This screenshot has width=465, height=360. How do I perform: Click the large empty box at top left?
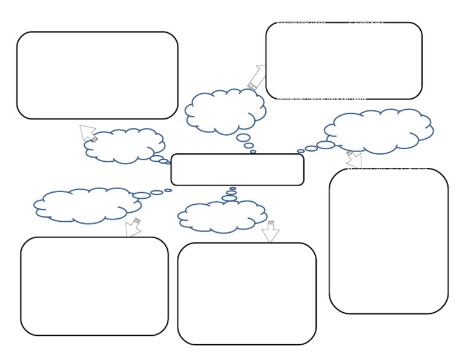tap(97, 75)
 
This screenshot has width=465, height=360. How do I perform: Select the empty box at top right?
tap(344, 61)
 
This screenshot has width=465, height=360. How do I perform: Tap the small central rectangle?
tap(237, 169)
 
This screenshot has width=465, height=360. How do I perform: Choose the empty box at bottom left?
tap(94, 286)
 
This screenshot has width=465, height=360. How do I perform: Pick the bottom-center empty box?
tap(247, 293)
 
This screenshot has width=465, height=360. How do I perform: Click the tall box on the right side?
tap(389, 241)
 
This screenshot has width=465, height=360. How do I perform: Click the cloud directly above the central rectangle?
tap(225, 111)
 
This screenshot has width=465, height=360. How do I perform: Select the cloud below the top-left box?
tap(125, 145)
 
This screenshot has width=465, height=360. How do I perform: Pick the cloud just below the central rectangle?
tap(222, 216)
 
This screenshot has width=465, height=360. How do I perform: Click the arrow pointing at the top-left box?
tap(88, 133)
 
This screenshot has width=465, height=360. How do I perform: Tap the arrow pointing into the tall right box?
tap(354, 160)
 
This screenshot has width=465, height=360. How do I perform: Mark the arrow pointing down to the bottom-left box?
tap(133, 228)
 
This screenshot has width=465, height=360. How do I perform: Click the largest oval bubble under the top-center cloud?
tap(244, 138)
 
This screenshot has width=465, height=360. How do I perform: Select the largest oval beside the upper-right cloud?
tap(326, 145)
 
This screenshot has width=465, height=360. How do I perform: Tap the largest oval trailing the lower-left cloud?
tap(141, 195)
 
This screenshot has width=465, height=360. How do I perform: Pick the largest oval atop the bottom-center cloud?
tap(229, 198)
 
